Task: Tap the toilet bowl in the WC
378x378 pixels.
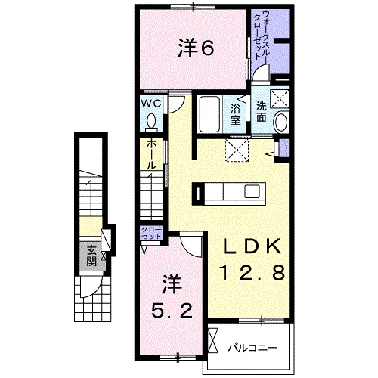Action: [x=150, y=121]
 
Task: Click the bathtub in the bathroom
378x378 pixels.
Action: [x=209, y=115]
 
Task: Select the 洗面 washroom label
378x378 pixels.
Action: [x=260, y=111]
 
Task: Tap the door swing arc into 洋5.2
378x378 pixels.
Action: [x=190, y=243]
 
